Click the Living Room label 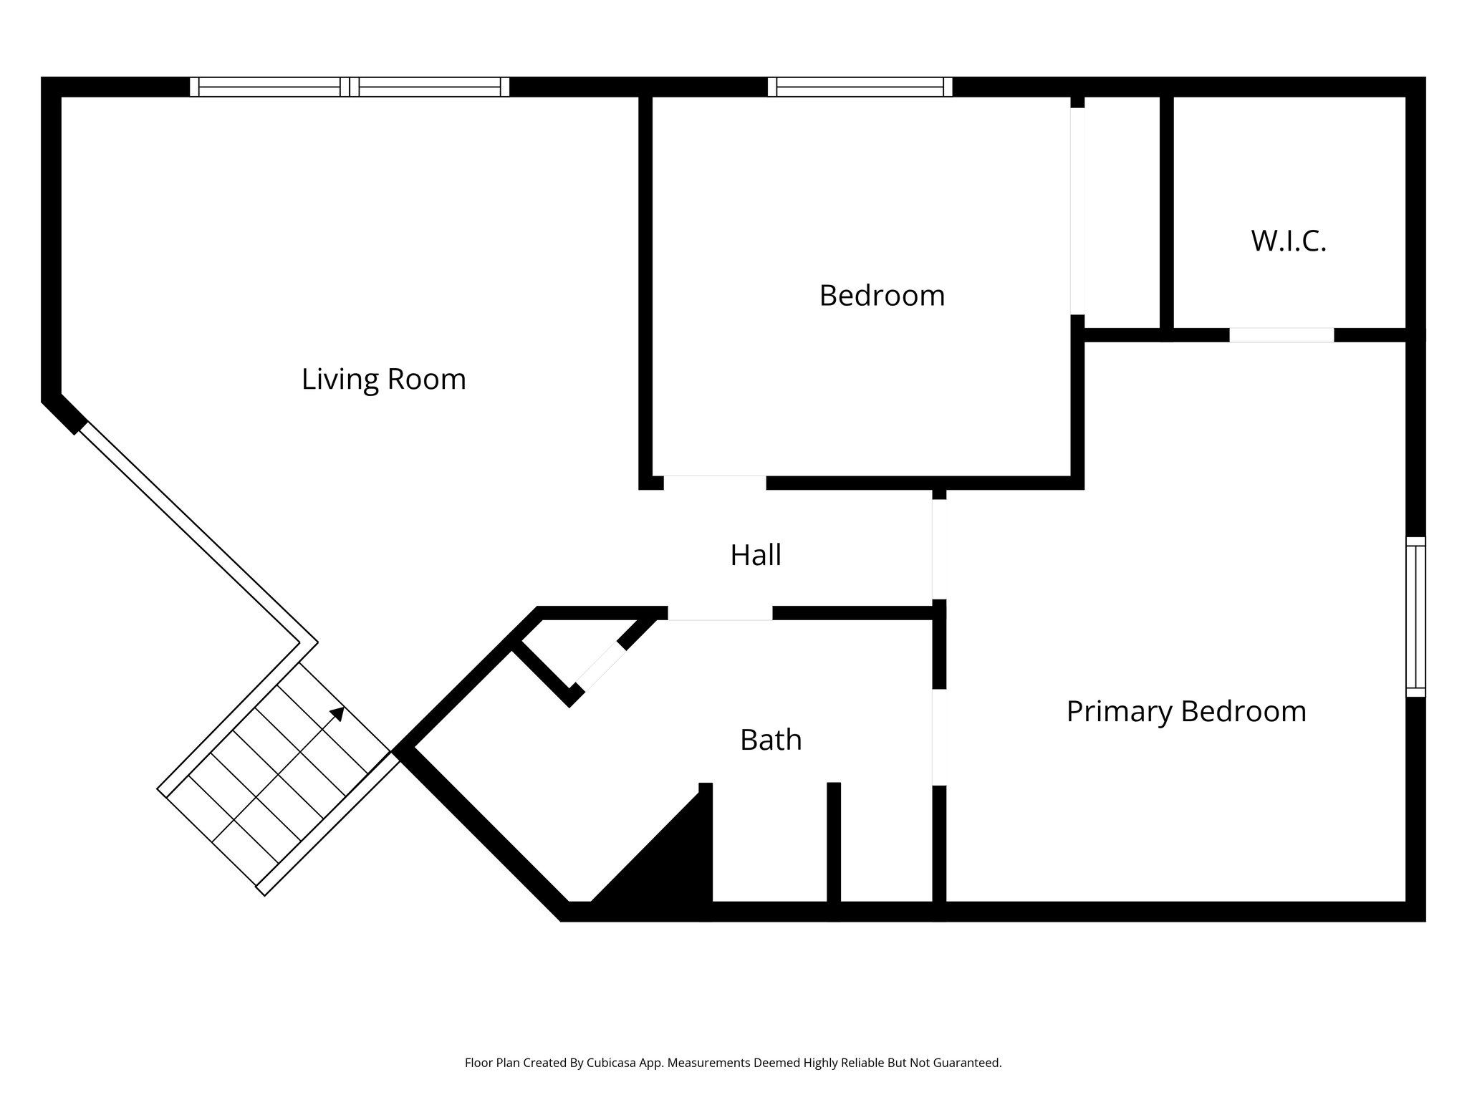click(383, 379)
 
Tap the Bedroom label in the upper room click(882, 296)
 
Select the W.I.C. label click(1288, 241)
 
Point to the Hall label click(755, 555)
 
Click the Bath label click(770, 740)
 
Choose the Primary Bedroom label click(1186, 711)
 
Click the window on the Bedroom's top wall click(860, 87)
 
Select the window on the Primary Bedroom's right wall click(1415, 617)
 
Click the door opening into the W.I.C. click(1281, 334)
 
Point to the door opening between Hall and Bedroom click(715, 482)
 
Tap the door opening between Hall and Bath click(720, 613)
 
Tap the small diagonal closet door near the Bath click(600, 667)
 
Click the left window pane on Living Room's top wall click(269, 87)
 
